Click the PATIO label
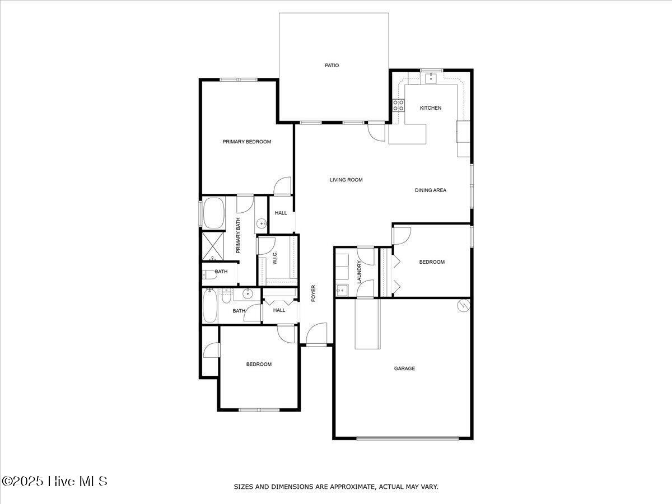[x=332, y=66]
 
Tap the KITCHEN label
[x=431, y=108]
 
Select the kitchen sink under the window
[x=431, y=78]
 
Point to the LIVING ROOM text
[x=346, y=180]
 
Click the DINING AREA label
[x=431, y=190]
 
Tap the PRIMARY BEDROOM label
[x=247, y=142]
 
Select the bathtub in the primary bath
[x=213, y=212]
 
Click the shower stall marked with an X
[x=213, y=246]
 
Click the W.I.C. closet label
[x=275, y=258]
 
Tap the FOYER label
[x=314, y=293]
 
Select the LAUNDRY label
[x=360, y=272]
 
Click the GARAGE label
[x=404, y=368]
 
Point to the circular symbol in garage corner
[x=463, y=306]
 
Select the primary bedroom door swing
[x=283, y=186]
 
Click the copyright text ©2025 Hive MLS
[x=54, y=481]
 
